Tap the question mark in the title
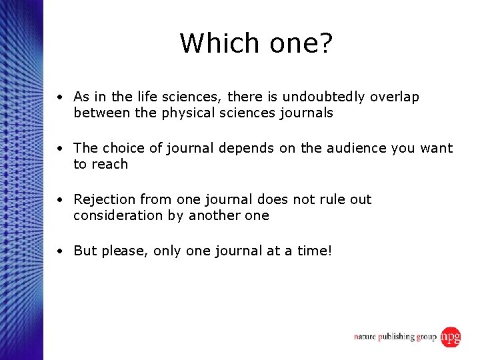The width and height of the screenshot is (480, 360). click(326, 43)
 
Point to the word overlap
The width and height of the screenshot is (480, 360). click(394, 97)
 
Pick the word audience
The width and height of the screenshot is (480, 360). click(355, 148)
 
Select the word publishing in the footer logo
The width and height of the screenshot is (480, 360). click(397, 337)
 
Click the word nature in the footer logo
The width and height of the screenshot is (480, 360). click(366, 337)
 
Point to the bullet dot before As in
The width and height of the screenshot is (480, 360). click(60, 97)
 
